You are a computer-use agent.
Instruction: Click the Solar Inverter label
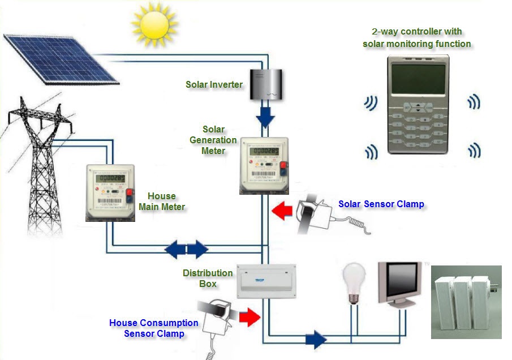click(214, 85)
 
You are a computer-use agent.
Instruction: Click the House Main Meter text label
click(162, 202)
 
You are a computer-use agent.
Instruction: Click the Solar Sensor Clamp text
click(381, 204)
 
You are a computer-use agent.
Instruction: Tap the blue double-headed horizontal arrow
click(186, 248)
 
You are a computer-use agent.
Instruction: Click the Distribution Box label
click(208, 278)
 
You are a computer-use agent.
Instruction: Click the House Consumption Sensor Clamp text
click(154, 328)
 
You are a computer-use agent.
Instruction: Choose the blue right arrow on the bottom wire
click(316, 340)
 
